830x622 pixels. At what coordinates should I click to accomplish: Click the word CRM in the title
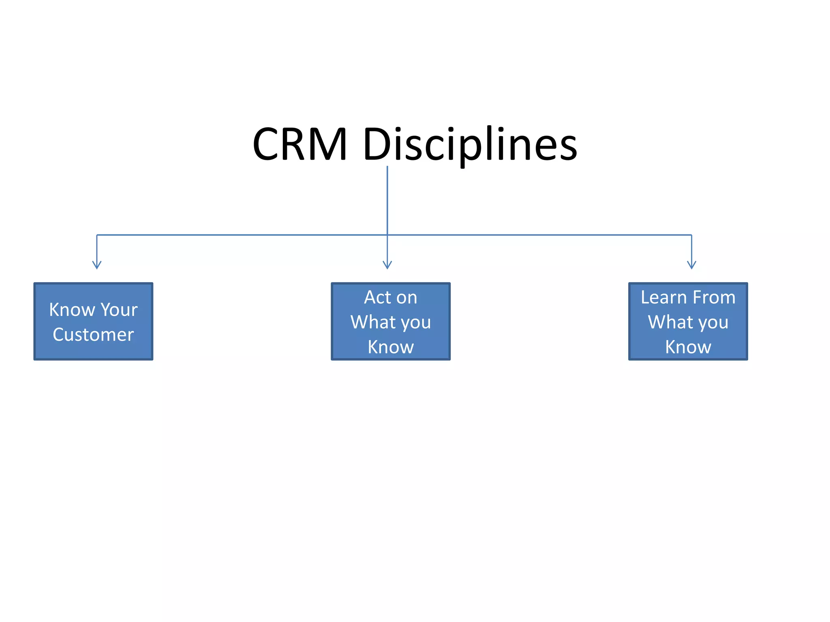tap(300, 145)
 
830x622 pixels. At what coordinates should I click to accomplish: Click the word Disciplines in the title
tap(470, 145)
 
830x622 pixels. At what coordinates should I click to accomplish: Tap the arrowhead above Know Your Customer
tap(97, 265)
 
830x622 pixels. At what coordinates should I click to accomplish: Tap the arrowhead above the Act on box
tap(387, 265)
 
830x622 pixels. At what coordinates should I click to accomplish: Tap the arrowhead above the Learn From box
tap(691, 265)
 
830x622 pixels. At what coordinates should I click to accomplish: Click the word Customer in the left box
tap(93, 335)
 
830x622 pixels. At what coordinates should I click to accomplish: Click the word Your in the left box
tap(119, 310)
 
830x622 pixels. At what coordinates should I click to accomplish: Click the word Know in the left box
tap(72, 310)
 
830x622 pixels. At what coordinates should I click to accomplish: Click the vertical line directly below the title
tap(387, 198)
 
